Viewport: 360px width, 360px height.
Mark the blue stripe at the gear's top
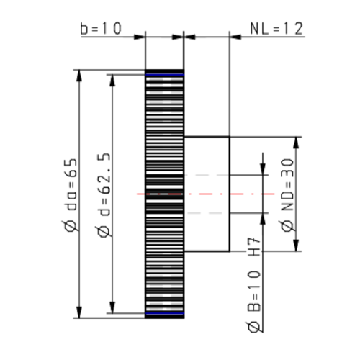tap(164, 72)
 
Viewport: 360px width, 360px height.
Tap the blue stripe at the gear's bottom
tap(164, 315)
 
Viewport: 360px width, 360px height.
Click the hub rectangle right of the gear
tap(207, 194)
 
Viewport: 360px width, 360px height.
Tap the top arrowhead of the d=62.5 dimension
tap(112, 79)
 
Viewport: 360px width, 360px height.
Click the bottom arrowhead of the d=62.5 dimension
tap(112, 309)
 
